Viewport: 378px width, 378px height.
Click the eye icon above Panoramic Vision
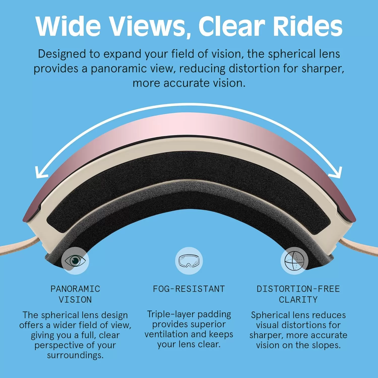pos(75,261)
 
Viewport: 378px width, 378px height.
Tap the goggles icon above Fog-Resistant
pos(189,261)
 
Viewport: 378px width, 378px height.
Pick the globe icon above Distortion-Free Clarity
pos(295,261)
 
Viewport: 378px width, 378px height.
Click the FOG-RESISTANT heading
pos(189,289)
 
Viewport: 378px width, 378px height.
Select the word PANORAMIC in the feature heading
pos(75,289)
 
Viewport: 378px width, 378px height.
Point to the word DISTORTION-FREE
pos(298,289)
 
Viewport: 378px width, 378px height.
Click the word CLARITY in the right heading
pos(298,300)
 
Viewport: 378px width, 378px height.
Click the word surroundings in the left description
pos(75,355)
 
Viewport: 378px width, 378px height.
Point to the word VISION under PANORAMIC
pos(75,300)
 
